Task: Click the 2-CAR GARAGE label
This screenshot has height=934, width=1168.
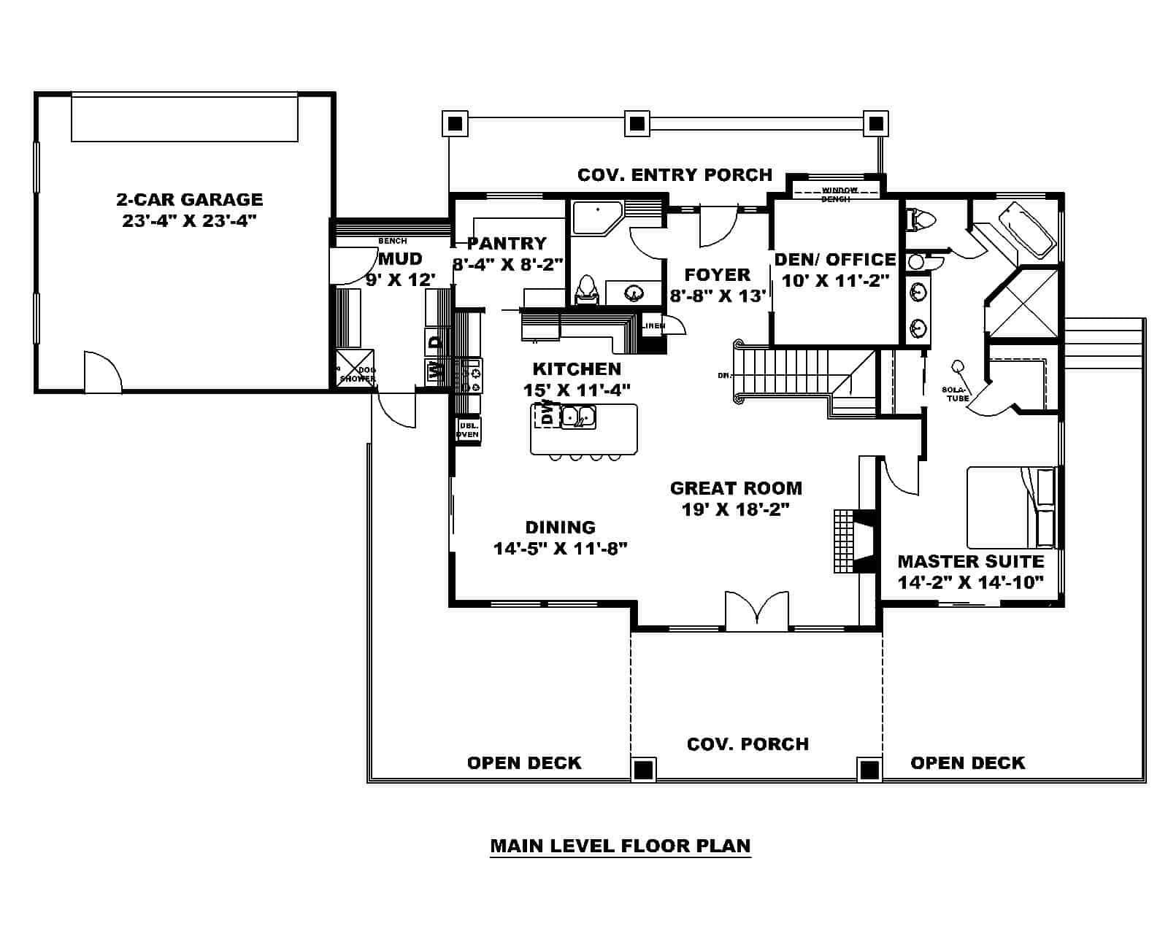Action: [189, 199]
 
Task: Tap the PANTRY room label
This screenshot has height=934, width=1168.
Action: [507, 243]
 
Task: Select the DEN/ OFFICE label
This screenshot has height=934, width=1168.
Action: [835, 260]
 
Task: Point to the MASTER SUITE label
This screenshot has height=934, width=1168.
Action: [970, 561]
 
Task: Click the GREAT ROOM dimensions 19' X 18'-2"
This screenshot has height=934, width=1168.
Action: [736, 509]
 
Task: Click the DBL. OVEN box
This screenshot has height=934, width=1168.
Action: [467, 430]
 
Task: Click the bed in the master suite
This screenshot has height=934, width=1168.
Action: [1011, 507]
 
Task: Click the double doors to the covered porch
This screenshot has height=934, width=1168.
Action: [757, 610]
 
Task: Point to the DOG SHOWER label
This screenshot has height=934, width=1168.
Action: [358, 374]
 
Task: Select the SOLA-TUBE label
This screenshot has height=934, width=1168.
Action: [958, 395]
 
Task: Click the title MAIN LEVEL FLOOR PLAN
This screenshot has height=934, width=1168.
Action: [620, 846]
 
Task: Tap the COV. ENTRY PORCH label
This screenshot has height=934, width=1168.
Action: [675, 175]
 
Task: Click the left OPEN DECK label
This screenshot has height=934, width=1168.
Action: [524, 763]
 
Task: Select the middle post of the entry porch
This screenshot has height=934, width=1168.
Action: [637, 123]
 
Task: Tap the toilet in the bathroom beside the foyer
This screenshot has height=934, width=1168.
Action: [586, 289]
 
